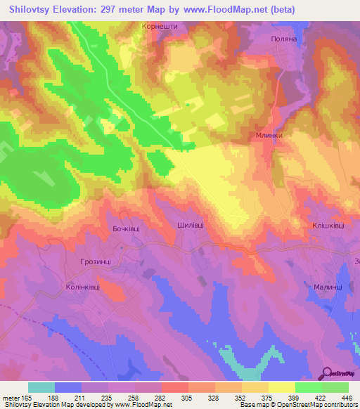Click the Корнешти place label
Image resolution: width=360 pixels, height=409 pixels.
159,27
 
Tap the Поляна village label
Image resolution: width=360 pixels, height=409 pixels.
286,40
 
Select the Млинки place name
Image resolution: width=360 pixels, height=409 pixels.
269,137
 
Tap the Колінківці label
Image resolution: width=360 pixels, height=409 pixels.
87,287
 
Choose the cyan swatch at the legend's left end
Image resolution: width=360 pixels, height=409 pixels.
41,387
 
